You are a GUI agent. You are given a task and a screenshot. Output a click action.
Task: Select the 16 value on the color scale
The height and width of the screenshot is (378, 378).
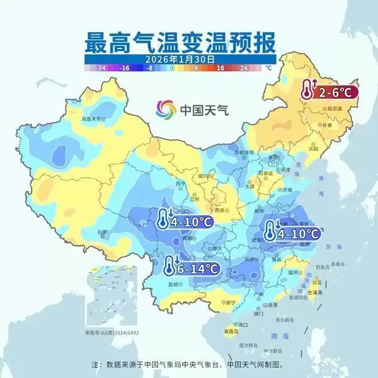coord(220,67)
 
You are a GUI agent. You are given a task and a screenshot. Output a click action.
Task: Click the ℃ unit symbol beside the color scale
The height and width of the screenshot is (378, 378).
coord(268,67)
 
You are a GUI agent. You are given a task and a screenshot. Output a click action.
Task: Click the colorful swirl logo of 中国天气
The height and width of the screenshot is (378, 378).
coord(167,109)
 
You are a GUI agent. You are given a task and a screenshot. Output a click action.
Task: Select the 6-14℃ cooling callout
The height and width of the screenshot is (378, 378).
coord(192,268)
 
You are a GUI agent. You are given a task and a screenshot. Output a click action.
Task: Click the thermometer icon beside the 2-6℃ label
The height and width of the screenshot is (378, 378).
coord(307,90)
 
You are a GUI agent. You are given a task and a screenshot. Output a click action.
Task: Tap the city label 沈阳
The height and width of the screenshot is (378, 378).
coord(313,148)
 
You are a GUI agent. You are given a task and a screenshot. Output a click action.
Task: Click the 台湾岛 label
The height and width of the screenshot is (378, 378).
coord(315,292)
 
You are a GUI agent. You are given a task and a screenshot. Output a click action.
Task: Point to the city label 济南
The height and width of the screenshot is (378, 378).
coord(287,189)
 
